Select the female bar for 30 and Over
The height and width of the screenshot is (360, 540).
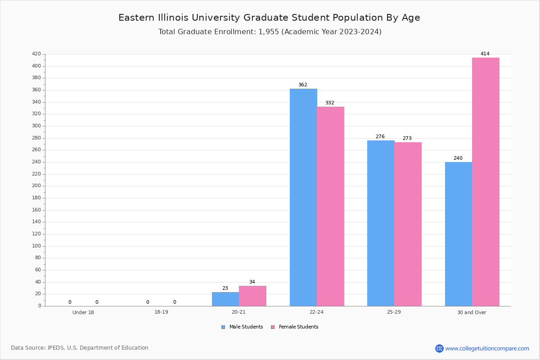(x=486, y=182)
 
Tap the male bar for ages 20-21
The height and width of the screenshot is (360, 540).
(x=225, y=299)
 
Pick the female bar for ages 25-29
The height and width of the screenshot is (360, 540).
(x=408, y=224)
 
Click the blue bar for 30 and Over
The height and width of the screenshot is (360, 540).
(x=458, y=234)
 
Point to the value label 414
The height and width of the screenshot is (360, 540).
(x=485, y=54)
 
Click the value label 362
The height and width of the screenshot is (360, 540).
(x=302, y=85)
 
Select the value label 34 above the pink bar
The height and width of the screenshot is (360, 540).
(x=252, y=282)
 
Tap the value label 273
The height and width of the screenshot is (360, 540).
(x=407, y=139)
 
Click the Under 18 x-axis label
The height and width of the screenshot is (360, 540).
(x=83, y=312)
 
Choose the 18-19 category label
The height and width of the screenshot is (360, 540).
(x=161, y=312)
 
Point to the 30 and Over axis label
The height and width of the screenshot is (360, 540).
(x=472, y=312)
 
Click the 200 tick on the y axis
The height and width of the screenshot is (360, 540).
(x=36, y=186)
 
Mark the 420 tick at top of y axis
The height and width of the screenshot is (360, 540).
(x=36, y=54)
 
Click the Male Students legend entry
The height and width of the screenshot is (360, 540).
(x=246, y=327)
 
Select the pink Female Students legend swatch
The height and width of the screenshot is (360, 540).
(x=273, y=327)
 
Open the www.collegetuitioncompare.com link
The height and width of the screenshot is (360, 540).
(x=487, y=348)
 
